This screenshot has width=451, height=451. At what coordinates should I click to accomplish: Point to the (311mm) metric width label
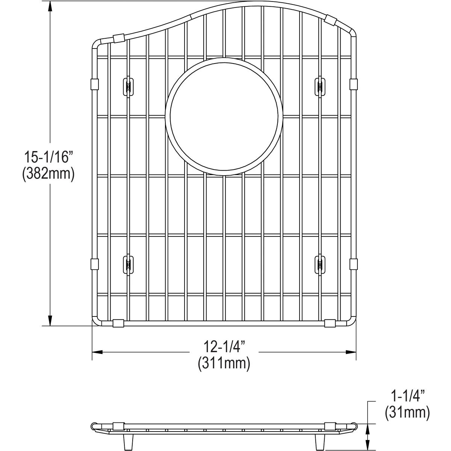224,363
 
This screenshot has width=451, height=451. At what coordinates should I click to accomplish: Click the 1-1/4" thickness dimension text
407,396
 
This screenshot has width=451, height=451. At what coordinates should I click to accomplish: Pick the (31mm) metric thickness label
407,413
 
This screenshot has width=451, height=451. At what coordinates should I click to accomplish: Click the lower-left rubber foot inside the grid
128,265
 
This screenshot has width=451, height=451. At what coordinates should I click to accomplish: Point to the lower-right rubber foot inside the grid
320,265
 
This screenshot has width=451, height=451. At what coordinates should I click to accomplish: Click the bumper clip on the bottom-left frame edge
118,323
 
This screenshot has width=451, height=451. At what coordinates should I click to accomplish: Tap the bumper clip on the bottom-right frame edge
330,323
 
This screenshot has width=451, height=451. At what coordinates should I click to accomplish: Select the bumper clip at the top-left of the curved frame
118,38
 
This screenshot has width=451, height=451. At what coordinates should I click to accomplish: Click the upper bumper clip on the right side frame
353,84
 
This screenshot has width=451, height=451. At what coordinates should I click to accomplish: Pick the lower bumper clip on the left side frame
94,264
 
